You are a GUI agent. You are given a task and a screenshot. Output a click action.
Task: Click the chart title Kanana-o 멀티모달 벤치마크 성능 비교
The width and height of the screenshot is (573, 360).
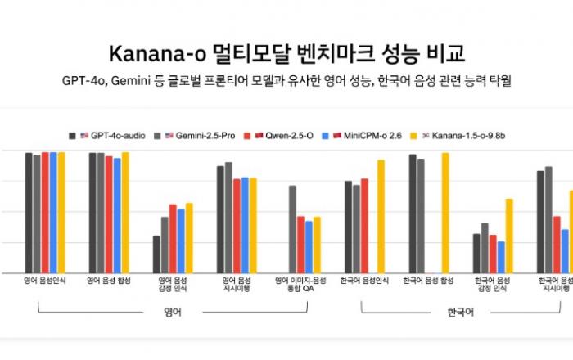click(x=286, y=55)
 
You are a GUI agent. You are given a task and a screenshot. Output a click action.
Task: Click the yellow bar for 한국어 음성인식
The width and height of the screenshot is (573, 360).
click(x=381, y=216)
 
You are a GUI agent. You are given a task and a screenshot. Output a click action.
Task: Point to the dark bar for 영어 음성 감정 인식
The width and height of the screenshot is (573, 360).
click(x=156, y=254)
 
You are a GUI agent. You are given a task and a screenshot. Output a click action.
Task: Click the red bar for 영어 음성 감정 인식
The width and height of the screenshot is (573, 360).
click(x=173, y=238)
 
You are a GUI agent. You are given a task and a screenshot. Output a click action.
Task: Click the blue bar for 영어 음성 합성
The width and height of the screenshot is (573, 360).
click(x=117, y=215)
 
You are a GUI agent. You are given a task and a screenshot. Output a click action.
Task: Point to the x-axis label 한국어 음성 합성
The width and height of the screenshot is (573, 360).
click(x=428, y=281)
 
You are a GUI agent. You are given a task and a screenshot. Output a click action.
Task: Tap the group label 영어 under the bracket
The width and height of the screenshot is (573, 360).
click(x=172, y=313)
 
